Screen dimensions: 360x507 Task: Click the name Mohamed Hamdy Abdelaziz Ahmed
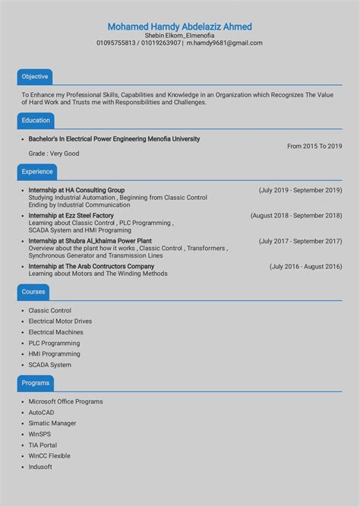[x=179, y=27]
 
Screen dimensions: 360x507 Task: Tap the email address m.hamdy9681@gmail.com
[x=224, y=43]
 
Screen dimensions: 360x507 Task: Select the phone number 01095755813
[x=116, y=43]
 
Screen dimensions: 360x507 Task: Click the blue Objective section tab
[x=35, y=77]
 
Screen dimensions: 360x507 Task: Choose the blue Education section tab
[x=36, y=121]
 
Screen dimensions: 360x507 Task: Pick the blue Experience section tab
[x=37, y=172]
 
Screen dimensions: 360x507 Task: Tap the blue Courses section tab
[x=33, y=292]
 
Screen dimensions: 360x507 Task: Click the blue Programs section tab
[x=36, y=383]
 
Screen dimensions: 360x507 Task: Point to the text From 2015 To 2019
[x=314, y=146]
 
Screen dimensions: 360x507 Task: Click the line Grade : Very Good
[x=54, y=154]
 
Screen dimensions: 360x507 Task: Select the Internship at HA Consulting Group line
[x=77, y=190]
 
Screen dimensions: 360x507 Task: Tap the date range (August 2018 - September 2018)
[x=296, y=216]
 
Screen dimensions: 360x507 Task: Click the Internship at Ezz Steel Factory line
[x=71, y=216]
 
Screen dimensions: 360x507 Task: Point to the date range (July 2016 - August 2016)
[x=305, y=267]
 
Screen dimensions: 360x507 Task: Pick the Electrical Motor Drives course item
[x=60, y=322]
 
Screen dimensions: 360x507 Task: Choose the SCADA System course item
[x=50, y=365]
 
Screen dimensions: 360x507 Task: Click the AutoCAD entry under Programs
[x=42, y=413]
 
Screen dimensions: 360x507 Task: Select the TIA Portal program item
[x=43, y=445]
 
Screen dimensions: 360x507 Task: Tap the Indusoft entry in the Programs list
[x=40, y=467]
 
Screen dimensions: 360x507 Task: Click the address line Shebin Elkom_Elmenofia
[x=179, y=35]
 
